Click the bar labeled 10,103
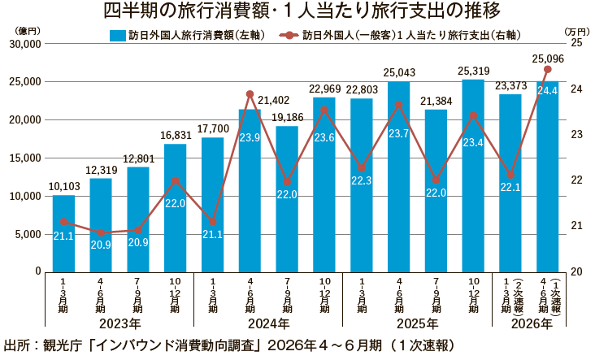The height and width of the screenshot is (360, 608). (63, 233)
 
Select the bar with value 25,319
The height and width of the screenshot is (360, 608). (473, 176)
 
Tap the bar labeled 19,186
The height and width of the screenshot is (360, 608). (287, 199)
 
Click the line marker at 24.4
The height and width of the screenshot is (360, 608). (548, 69)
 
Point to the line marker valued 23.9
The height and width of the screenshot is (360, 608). (250, 94)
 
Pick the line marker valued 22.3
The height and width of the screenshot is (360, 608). (362, 168)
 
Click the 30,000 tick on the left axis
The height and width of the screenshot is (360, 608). (25, 44)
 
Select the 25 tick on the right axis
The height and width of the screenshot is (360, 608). (577, 42)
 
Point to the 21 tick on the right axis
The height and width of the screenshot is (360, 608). (577, 226)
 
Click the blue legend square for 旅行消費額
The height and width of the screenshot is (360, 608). (118, 36)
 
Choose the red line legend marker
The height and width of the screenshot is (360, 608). (289, 36)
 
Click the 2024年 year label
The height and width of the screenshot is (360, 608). (269, 323)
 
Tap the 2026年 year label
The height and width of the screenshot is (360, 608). (532, 323)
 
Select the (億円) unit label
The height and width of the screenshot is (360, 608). (27, 31)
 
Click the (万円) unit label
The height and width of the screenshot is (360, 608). (577, 32)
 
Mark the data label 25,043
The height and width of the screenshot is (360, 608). (399, 72)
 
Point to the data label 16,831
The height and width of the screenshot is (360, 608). (176, 135)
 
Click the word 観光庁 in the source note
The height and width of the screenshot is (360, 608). (63, 345)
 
